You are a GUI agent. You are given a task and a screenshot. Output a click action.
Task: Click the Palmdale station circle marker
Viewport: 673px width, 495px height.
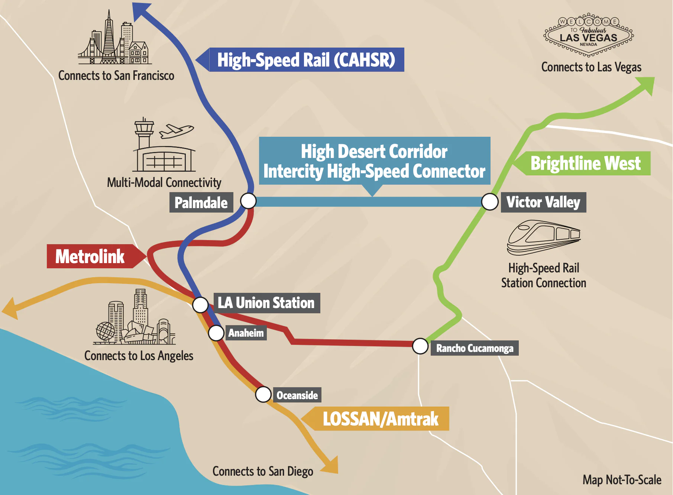pyautogui.click(x=248, y=201)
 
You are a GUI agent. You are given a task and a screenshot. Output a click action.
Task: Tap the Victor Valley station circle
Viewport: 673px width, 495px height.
pyautogui.click(x=490, y=202)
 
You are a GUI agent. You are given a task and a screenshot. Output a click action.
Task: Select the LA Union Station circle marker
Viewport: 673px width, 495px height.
pyautogui.click(x=200, y=305)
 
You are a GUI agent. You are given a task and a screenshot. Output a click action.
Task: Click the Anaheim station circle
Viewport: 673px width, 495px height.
pyautogui.click(x=216, y=333)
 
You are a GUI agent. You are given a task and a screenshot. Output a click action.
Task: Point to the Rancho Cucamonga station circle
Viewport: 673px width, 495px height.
pyautogui.click(x=420, y=346)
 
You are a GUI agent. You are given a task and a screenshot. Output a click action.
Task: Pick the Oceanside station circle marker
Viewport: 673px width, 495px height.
pyautogui.click(x=263, y=394)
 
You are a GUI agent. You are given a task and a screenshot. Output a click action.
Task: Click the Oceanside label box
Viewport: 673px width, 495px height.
pyautogui.click(x=297, y=395)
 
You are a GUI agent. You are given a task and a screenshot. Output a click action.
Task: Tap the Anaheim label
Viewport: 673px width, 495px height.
pyautogui.click(x=246, y=333)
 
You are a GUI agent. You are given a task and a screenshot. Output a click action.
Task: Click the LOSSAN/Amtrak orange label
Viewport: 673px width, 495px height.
pyautogui.click(x=375, y=419)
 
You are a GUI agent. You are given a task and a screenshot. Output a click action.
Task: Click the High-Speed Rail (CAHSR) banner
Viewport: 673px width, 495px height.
pyautogui.click(x=300, y=59)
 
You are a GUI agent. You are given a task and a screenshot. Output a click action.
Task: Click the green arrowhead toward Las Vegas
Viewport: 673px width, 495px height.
pyautogui.click(x=646, y=85)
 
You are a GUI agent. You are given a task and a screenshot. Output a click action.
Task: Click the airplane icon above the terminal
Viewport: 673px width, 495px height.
pyautogui.click(x=177, y=131)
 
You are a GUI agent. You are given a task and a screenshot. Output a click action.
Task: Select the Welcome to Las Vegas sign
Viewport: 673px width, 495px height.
pyautogui.click(x=589, y=35)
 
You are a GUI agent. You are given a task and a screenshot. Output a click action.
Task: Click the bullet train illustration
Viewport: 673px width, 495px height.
pyautogui.click(x=544, y=238)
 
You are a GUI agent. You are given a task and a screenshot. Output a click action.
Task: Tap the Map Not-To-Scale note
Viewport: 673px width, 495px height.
pyautogui.click(x=622, y=480)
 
